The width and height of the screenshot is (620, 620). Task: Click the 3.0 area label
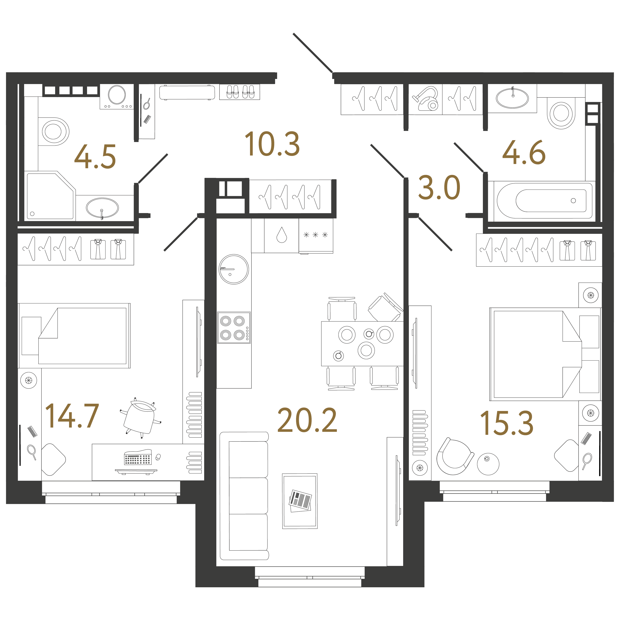pyautogui.click(x=439, y=187)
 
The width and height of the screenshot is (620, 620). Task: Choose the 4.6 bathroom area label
pyautogui.click(x=524, y=152)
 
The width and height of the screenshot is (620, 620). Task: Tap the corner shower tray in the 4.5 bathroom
pyautogui.click(x=51, y=196)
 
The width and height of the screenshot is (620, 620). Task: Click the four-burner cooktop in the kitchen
pyautogui.click(x=234, y=328)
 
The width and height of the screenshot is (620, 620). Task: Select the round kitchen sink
pyautogui.click(x=234, y=269)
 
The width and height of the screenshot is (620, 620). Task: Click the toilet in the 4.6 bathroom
pyautogui.click(x=561, y=113)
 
